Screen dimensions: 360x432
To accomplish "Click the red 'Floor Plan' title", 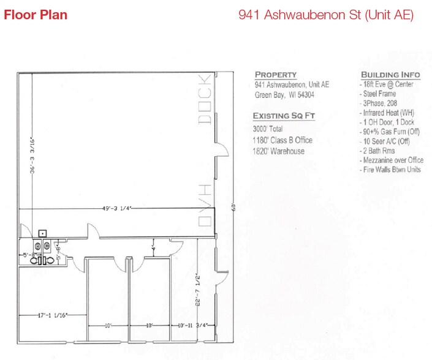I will pos(36,15).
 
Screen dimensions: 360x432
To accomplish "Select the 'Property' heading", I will pos(276,75).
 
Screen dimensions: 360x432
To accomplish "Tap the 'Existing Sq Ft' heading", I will pos(282,116).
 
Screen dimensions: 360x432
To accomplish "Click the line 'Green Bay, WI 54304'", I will pos(284,95).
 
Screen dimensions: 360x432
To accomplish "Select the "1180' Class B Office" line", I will pos(282,140).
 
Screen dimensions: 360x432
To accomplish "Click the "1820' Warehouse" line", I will pos(278,151).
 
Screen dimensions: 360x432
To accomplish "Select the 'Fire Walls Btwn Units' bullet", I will pos(391,170).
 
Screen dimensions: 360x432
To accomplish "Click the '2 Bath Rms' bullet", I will pos(379,151).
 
